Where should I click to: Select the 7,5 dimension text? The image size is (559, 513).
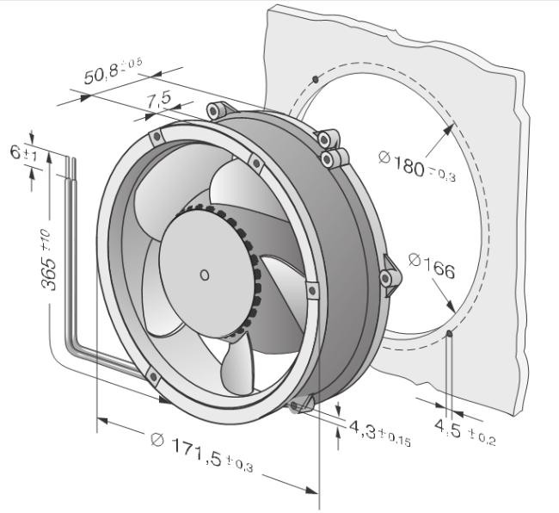click(x=158, y=101)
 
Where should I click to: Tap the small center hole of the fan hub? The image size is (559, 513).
click(x=203, y=275)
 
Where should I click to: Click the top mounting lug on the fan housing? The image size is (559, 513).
click(x=216, y=109)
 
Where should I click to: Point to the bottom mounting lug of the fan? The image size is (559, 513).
click(x=299, y=405)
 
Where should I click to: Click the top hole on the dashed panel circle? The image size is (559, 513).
click(x=317, y=79)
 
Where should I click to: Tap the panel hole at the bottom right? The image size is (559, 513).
click(x=450, y=333)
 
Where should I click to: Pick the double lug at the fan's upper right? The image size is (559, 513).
click(x=330, y=147)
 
